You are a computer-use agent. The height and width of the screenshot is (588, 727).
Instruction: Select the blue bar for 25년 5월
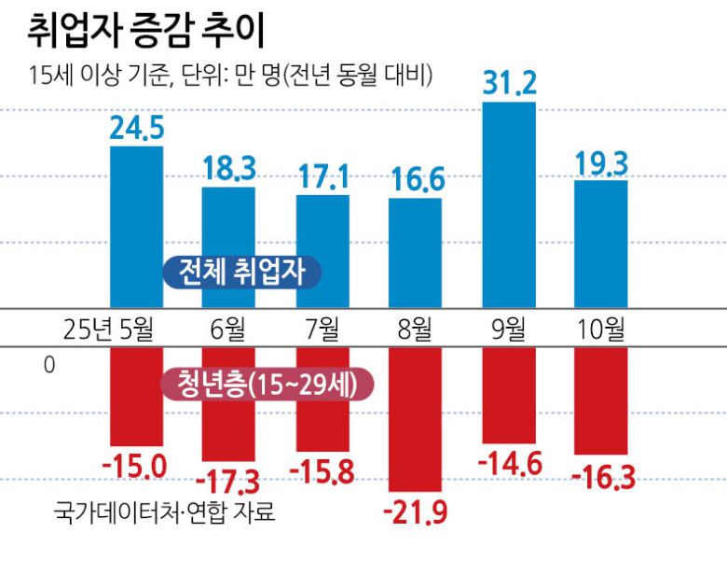point(136,224)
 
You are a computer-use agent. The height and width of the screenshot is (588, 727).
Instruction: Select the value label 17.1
point(322,175)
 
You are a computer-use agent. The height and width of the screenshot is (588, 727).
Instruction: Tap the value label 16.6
point(416,179)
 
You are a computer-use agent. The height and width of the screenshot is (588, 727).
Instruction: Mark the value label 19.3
point(601,161)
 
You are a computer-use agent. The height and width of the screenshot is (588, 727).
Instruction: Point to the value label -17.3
point(229,482)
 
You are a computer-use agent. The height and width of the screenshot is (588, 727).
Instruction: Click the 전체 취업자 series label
point(240,272)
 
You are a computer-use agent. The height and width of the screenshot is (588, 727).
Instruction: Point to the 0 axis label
point(49,365)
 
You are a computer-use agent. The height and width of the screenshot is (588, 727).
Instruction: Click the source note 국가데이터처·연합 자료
point(165,512)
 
